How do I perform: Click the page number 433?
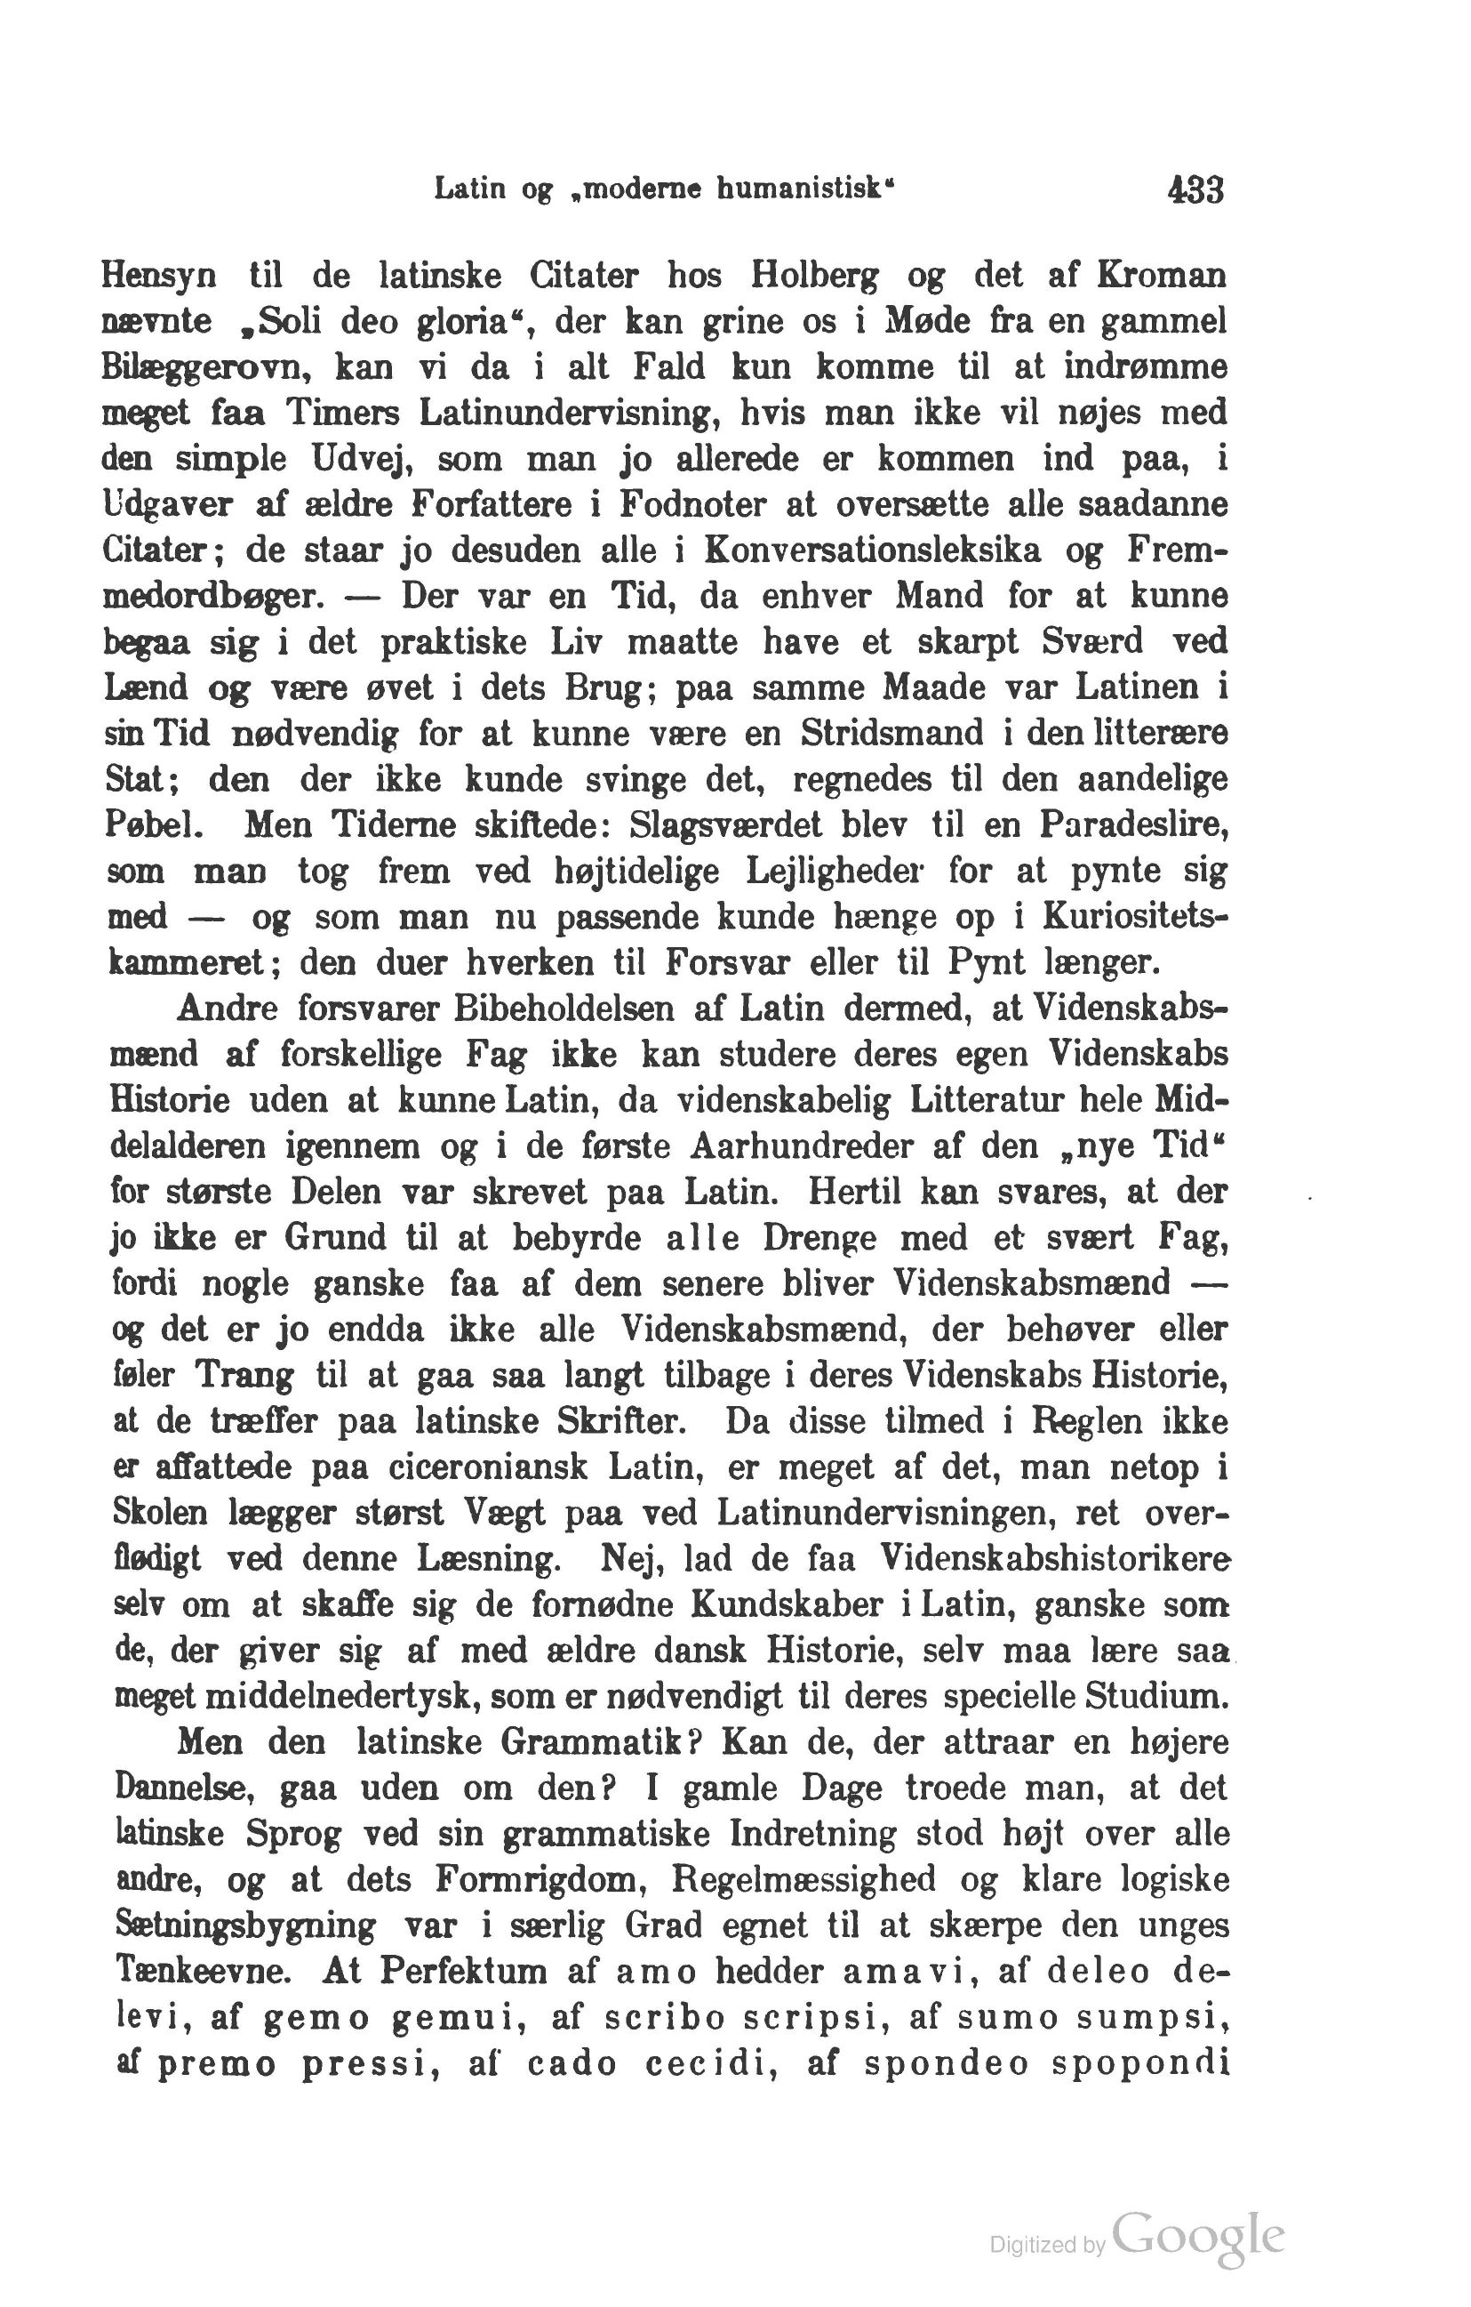pyautogui.click(x=1195, y=189)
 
